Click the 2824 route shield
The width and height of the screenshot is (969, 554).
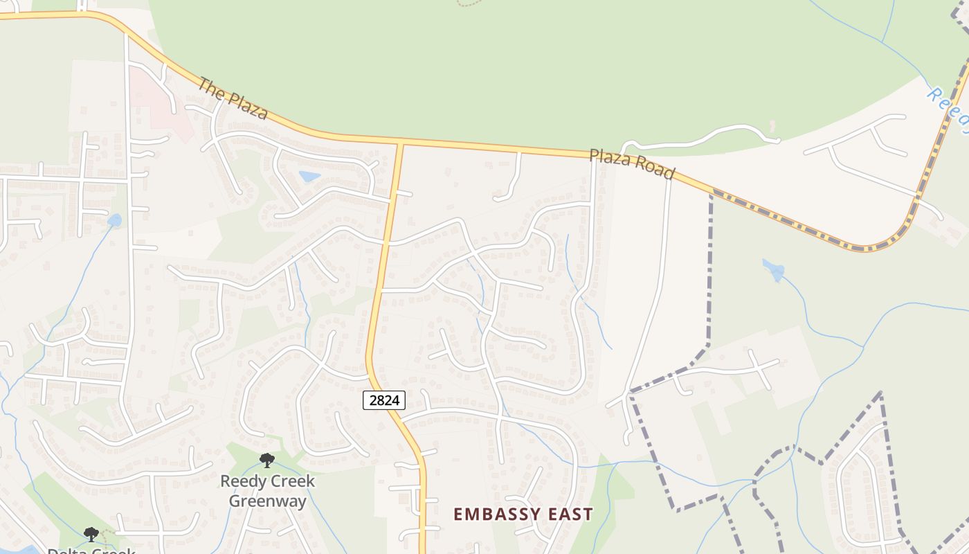(x=383, y=400)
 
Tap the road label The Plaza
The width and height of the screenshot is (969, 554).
(x=232, y=98)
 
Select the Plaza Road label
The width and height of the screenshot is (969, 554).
(x=631, y=163)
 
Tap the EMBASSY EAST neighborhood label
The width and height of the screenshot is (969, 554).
(x=523, y=514)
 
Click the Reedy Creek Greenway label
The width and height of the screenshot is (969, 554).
(x=267, y=490)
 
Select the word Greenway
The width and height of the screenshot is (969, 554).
(x=267, y=501)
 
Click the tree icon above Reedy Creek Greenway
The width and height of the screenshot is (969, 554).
(x=266, y=460)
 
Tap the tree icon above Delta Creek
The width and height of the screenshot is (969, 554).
(x=91, y=534)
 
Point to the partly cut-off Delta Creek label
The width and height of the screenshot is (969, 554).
(x=91, y=551)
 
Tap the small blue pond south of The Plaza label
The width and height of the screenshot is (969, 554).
(x=309, y=177)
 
